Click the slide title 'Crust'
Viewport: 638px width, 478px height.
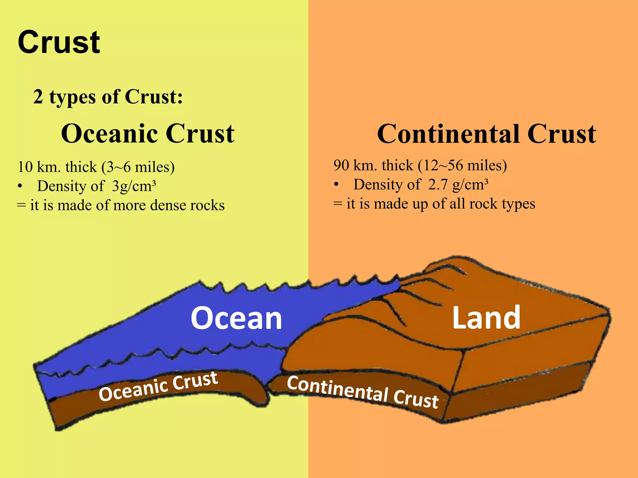[59, 42]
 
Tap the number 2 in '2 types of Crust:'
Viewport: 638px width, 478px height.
[38, 97]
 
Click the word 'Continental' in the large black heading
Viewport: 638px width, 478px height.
[448, 134]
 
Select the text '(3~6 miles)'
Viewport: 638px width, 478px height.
[138, 167]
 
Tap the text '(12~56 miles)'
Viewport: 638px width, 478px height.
[462, 166]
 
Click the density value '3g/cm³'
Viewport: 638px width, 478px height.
[134, 186]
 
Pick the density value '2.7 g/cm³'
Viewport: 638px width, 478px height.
[458, 185]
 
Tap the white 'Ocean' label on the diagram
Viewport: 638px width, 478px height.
[236, 318]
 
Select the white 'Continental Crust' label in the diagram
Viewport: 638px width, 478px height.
[363, 392]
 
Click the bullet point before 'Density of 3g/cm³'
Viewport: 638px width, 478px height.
[20, 186]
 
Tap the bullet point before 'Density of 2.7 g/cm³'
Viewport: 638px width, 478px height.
[336, 185]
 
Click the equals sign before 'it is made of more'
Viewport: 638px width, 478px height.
[21, 206]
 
